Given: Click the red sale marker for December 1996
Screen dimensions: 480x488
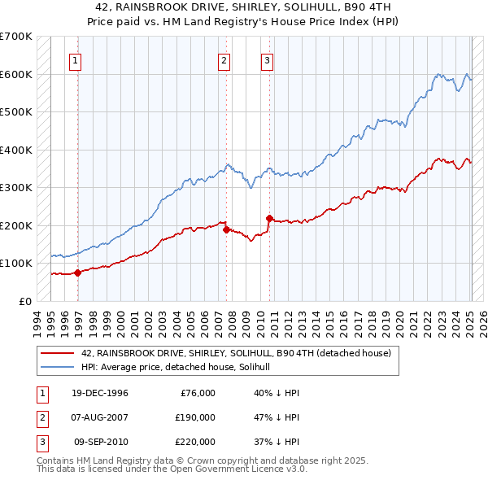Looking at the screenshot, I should click(78, 273).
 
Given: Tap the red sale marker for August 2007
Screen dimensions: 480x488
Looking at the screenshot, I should click(226, 229).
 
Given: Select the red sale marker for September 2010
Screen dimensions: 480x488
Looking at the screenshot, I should click(269, 218).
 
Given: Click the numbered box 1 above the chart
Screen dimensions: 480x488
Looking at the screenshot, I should click(75, 59).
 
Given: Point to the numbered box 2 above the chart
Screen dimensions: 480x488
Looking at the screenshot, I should click(224, 59).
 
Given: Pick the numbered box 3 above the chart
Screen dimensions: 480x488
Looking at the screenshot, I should click(267, 59).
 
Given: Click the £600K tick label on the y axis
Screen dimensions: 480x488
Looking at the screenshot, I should click(16, 74).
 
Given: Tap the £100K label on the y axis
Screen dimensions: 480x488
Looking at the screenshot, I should click(16, 263).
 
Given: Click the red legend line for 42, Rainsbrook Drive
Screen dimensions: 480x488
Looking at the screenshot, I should click(55, 353).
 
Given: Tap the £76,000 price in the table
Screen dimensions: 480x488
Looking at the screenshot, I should click(198, 393).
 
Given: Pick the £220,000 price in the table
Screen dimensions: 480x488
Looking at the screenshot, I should click(195, 442).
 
